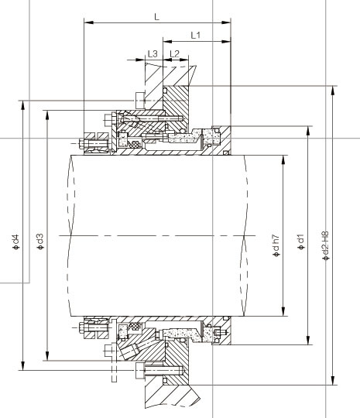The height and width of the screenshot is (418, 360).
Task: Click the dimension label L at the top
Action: (x=157, y=17)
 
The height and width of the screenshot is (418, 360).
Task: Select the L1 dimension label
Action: (x=195, y=35)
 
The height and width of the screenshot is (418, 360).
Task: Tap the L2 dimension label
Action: (x=175, y=53)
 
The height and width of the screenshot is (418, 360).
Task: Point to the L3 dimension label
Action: (x=153, y=53)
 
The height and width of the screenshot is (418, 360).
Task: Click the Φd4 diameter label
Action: (x=16, y=242)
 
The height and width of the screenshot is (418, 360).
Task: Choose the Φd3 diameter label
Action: (x=40, y=242)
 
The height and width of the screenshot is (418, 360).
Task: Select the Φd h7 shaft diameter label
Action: (x=276, y=246)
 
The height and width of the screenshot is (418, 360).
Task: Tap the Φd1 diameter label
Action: (x=301, y=242)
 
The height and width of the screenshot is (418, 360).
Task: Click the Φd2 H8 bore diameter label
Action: (x=326, y=246)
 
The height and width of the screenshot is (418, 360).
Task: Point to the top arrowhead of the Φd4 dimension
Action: (x=23, y=105)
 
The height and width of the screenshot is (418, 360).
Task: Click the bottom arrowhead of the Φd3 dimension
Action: (x=47, y=356)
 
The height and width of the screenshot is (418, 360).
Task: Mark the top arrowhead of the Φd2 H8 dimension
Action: (x=333, y=91)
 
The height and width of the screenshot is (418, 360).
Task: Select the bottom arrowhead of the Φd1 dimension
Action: (x=308, y=340)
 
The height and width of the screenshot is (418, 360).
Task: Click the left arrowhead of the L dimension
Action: (x=88, y=23)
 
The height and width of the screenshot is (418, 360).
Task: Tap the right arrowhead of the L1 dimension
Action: (x=226, y=42)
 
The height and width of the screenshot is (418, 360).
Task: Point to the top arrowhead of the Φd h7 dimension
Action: (x=283, y=159)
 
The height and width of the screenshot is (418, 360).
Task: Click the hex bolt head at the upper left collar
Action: (x=81, y=144)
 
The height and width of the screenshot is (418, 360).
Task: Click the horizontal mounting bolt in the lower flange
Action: (x=159, y=371)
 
